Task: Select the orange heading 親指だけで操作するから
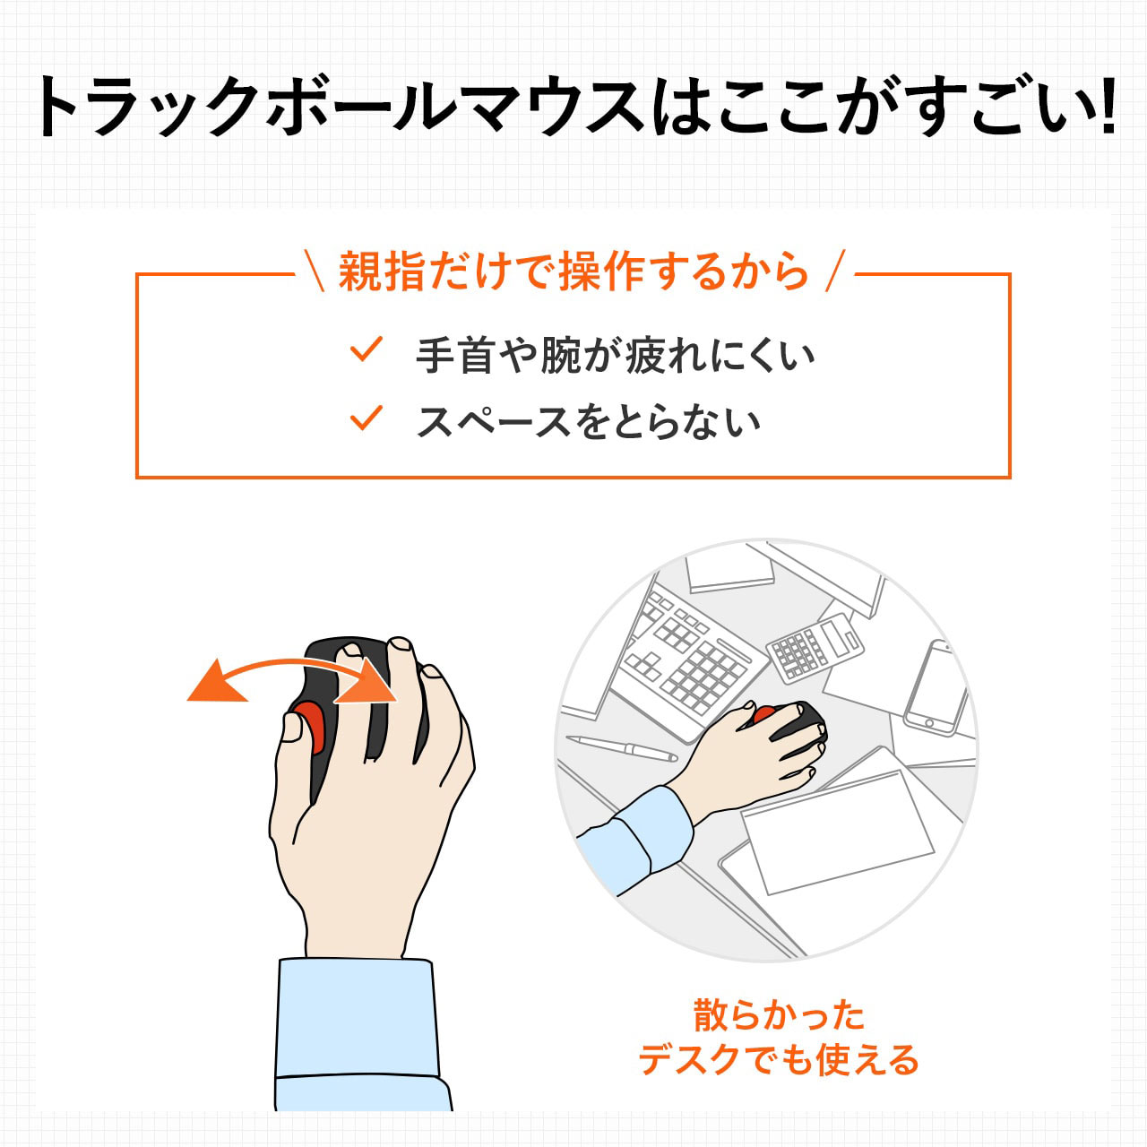tap(573, 272)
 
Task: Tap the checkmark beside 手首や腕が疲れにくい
tap(367, 349)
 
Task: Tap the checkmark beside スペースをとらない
tap(367, 418)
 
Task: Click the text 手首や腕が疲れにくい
tap(615, 356)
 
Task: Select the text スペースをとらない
tap(588, 422)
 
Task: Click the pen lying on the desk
tap(621, 747)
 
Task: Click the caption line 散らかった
tap(779, 1015)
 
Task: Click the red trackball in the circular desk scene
tap(765, 715)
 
